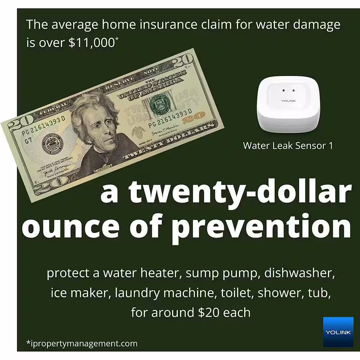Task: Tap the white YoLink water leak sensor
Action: pos(288,106)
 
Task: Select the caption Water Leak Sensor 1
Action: pos(288,145)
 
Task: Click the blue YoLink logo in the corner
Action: pos(338,332)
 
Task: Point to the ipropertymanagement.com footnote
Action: pos(82,343)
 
